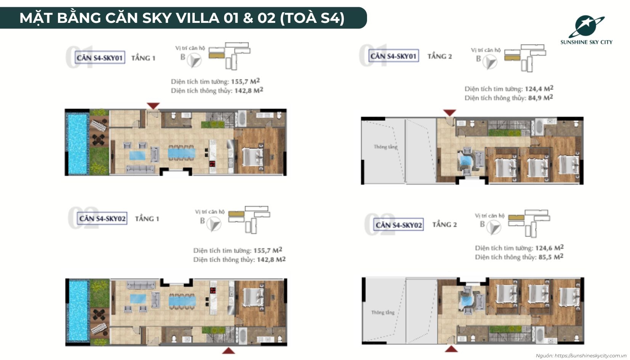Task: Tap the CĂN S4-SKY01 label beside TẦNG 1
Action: pyautogui.click(x=100, y=58)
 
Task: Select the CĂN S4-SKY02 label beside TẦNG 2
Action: pyautogui.click(x=399, y=225)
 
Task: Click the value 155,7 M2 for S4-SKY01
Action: pyautogui.click(x=245, y=81)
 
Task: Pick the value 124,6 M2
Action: pyautogui.click(x=549, y=248)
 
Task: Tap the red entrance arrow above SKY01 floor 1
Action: pyautogui.click(x=153, y=106)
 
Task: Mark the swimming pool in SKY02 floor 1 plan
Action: pyautogui.click(x=78, y=310)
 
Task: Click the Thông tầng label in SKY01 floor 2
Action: pyautogui.click(x=385, y=147)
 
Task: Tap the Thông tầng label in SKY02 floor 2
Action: pyautogui.click(x=383, y=312)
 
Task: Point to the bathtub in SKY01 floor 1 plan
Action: pyautogui.click(x=242, y=118)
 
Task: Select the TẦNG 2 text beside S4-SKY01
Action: pyautogui.click(x=439, y=56)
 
